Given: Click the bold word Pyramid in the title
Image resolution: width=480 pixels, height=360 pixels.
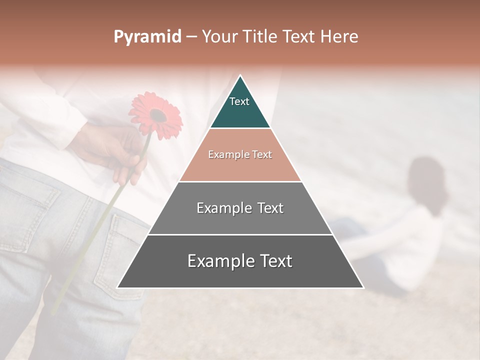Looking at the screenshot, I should (147, 37).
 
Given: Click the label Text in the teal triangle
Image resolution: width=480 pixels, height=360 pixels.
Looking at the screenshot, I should (239, 101).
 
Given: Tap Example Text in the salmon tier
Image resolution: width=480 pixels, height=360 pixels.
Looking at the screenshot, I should (240, 154).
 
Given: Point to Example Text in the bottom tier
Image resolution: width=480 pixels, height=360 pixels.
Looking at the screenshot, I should (240, 261).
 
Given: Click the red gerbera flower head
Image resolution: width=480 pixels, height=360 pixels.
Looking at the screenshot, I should (155, 115).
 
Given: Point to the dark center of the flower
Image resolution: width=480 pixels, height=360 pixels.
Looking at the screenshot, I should (158, 115).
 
